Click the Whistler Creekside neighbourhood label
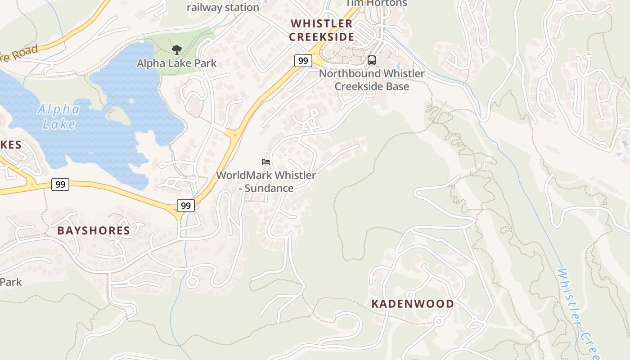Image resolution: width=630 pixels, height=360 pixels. coord(321,30)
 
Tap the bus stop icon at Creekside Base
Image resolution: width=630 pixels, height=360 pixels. coord(372,60)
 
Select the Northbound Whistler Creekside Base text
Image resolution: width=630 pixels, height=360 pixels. coord(372,80)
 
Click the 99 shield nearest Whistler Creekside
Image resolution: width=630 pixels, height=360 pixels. coord(303,60)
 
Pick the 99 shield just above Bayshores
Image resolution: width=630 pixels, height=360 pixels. coord(185,206)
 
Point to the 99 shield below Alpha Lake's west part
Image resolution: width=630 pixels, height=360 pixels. coord(60,184)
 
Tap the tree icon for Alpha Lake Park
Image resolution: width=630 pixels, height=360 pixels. coord(177,49)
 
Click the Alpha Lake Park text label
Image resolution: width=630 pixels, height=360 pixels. coord(177,63)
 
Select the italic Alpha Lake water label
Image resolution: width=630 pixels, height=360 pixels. coord(58,117)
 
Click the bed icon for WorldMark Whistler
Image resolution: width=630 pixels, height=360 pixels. coord(266,162)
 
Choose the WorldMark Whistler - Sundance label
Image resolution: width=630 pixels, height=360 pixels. coord(266,182)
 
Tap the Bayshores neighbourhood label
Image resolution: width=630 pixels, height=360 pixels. coord(94,231)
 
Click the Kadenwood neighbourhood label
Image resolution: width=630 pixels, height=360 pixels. coord(413,304)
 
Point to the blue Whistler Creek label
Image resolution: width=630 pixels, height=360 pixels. coord(578,310)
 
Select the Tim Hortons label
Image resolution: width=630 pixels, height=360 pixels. coord(376,4)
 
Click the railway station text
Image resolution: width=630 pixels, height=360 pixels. coord(223,8)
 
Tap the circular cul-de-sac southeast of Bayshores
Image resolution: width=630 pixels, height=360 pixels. coord(193,282)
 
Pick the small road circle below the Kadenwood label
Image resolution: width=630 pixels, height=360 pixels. coord(439,321)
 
